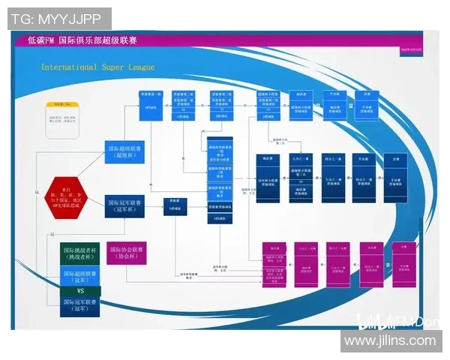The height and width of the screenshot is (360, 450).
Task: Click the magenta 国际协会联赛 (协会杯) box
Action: tap(127, 253)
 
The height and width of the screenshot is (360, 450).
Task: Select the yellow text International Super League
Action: tap(97, 67)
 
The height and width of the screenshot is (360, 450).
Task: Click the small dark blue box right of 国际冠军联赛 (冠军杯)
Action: tap(175, 206)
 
